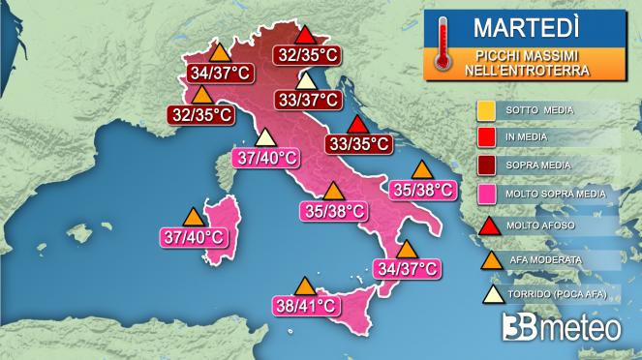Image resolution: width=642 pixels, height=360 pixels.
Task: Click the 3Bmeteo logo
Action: [x=562, y=329]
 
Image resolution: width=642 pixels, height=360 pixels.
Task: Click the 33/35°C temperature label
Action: [x=358, y=144]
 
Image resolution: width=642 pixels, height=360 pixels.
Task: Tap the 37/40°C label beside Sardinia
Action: [x=193, y=235]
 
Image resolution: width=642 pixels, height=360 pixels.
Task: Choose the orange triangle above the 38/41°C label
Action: [x=305, y=286]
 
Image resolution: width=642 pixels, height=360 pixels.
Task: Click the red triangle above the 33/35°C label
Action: [x=358, y=125]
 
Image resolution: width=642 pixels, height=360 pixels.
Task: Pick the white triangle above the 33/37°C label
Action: [x=306, y=80]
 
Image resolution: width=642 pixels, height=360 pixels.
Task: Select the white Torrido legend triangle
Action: [x=489, y=291]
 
